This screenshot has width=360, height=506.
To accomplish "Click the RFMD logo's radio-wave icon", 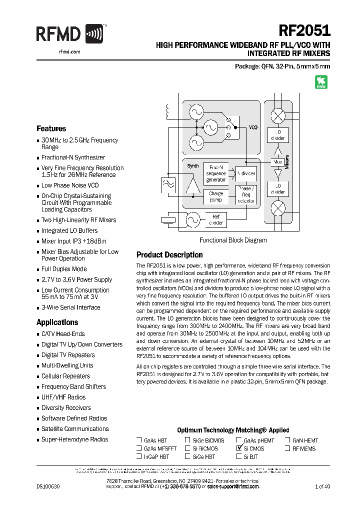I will (x=94, y=34).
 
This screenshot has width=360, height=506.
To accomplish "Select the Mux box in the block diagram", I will (x=277, y=162).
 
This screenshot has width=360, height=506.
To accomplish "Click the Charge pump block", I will (x=216, y=196).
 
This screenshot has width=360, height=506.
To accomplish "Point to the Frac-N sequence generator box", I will (x=216, y=173).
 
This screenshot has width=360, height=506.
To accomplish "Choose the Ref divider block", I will (x=215, y=219).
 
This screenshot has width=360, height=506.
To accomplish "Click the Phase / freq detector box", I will (x=245, y=194).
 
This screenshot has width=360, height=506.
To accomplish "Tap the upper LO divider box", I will (x=277, y=135).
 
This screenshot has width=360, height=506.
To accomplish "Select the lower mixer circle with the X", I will (x=277, y=208).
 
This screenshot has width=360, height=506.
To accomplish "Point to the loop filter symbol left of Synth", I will (x=167, y=185).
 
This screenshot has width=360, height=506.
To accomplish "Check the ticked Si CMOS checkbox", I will (x=239, y=448).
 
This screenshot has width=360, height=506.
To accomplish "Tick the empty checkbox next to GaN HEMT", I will (x=288, y=440).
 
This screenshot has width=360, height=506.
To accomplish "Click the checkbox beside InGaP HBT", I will (x=139, y=456).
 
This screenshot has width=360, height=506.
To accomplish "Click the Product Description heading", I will (x=169, y=254).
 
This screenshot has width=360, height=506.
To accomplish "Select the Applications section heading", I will (x=57, y=322).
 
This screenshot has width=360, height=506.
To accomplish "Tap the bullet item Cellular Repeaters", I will (x=65, y=376).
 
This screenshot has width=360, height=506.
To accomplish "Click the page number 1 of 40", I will (x=322, y=486).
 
